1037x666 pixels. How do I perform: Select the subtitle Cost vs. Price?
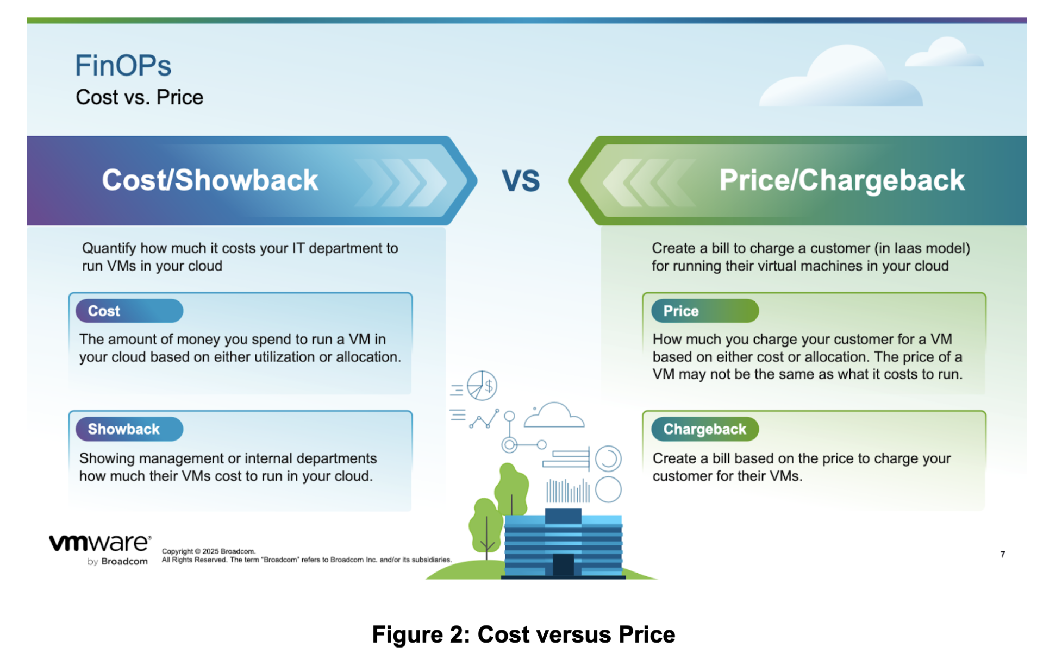pyautogui.click(x=139, y=97)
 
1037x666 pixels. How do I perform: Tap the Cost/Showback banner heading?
pyautogui.click(x=210, y=180)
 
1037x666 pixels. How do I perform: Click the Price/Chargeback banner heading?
pyautogui.click(x=841, y=180)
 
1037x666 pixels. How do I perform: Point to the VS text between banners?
pyautogui.click(x=520, y=181)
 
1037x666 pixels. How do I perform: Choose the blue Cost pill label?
pyautogui.click(x=129, y=311)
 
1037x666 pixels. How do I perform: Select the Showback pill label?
pyautogui.click(x=129, y=429)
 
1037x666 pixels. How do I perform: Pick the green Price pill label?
pyautogui.click(x=704, y=311)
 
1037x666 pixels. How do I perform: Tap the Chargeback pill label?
pyautogui.click(x=704, y=429)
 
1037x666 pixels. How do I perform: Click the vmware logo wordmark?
pyautogui.click(x=100, y=543)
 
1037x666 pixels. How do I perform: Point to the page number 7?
pyautogui.click(x=1002, y=554)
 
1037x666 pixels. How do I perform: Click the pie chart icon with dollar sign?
pyautogui.click(x=482, y=385)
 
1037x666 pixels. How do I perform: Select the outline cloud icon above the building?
pyautogui.click(x=554, y=415)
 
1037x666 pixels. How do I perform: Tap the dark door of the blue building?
pyautogui.click(x=563, y=564)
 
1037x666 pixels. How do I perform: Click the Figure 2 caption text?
pyautogui.click(x=523, y=634)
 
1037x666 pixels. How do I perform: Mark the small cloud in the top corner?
pyautogui.click(x=945, y=52)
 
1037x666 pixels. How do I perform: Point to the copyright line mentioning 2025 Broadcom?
pyautogui.click(x=209, y=551)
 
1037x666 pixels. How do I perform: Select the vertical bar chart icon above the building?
pyautogui.click(x=568, y=491)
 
